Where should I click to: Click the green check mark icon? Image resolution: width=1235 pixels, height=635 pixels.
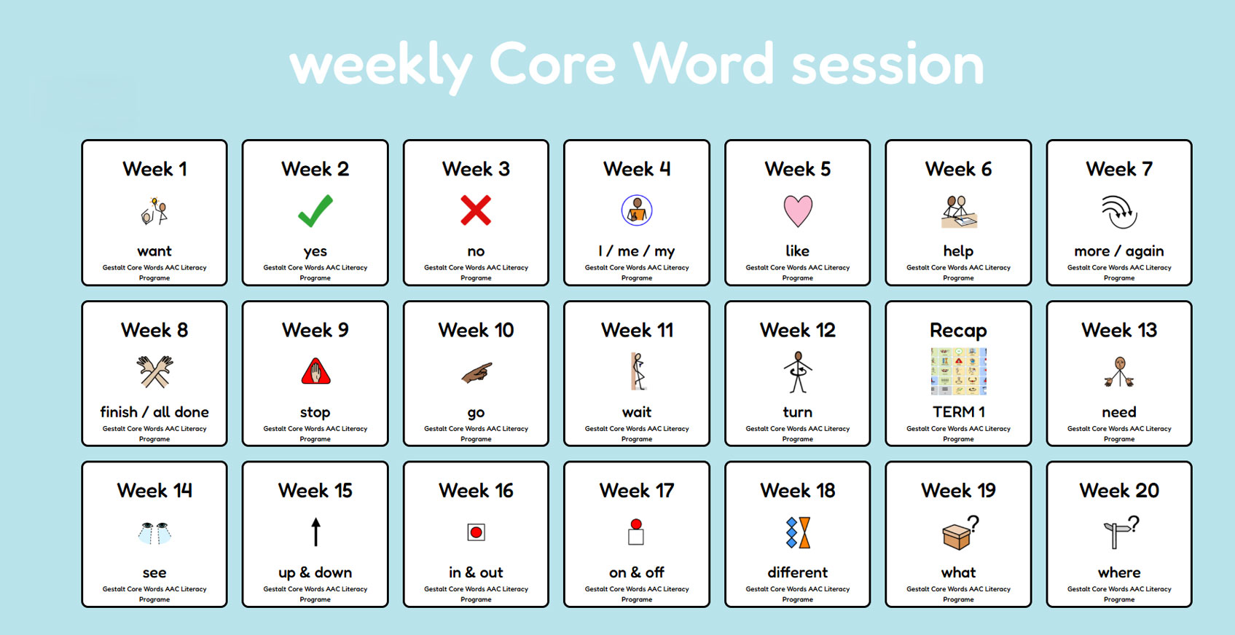tap(315, 211)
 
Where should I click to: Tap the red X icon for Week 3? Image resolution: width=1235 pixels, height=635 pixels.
tap(476, 210)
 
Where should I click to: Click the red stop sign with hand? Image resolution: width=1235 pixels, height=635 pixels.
tap(315, 371)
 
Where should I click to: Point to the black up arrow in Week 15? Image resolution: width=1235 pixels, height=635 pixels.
tap(315, 532)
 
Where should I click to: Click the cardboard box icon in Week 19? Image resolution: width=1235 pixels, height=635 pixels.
tap(957, 537)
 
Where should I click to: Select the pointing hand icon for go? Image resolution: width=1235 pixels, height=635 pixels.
tap(477, 373)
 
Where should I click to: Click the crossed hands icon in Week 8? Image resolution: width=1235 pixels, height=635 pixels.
tap(154, 371)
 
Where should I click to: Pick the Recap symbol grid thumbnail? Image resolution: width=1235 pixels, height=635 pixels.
tap(958, 371)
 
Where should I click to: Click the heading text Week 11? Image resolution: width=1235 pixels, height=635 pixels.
tap(637, 330)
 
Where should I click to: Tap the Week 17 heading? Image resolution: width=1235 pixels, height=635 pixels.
tap(637, 491)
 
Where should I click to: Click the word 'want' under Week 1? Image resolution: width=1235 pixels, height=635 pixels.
tap(154, 251)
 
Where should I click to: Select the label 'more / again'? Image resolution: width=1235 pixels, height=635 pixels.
tap(1119, 251)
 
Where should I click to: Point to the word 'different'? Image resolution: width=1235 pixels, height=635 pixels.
tap(798, 572)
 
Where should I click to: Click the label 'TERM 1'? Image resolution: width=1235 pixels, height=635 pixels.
tap(958, 411)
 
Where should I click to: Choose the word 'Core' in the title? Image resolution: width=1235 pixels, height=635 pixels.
tap(552, 65)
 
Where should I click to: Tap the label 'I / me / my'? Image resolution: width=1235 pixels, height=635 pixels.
tap(637, 251)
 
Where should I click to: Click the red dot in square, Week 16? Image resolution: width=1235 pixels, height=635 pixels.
tap(477, 532)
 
